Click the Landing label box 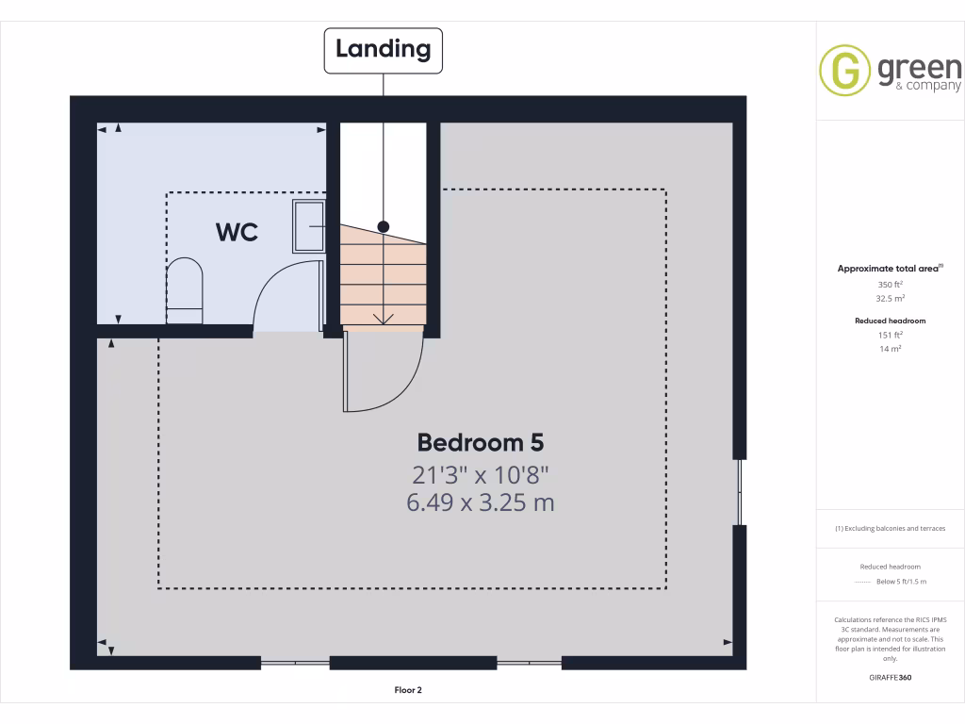click(383, 50)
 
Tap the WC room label click(237, 232)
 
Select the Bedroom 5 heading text click(480, 442)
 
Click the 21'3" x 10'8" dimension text click(480, 472)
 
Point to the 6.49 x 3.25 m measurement click(480, 502)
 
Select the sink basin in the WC click(308, 226)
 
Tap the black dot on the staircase click(383, 226)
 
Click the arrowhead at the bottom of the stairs click(383, 319)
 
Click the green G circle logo click(844, 71)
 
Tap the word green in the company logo click(919, 68)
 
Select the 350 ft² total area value click(891, 284)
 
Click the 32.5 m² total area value click(891, 298)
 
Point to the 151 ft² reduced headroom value click(891, 335)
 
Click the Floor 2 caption click(408, 690)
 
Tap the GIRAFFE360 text click(891, 677)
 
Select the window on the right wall click(740, 491)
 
